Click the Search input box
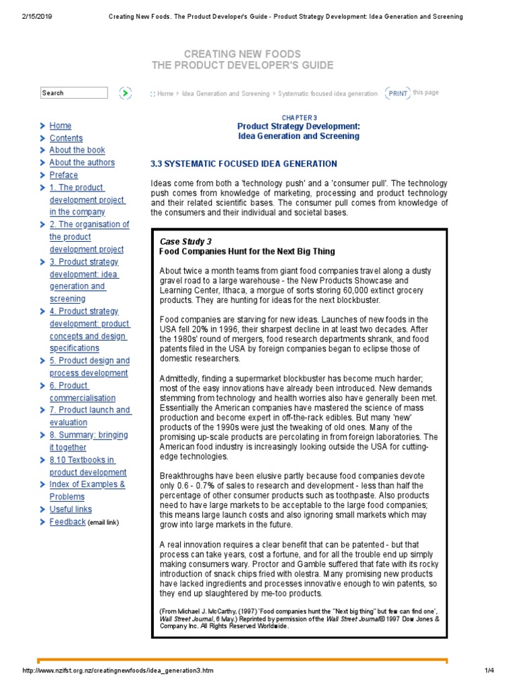pyautogui.click(x=73, y=93)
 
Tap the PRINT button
pyautogui.click(x=398, y=93)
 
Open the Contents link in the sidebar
pyautogui.click(x=66, y=138)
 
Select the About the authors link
pyautogui.click(x=82, y=163)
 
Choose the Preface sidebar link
pyautogui.click(x=64, y=175)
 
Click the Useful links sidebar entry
pyautogui.click(x=71, y=509)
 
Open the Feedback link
pyautogui.click(x=68, y=522)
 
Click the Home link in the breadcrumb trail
pyautogui.click(x=165, y=94)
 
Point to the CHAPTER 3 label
pyautogui.click(x=299, y=117)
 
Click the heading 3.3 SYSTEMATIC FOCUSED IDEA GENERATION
pyautogui.click(x=244, y=164)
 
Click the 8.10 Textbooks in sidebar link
pyautogui.click(x=83, y=460)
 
